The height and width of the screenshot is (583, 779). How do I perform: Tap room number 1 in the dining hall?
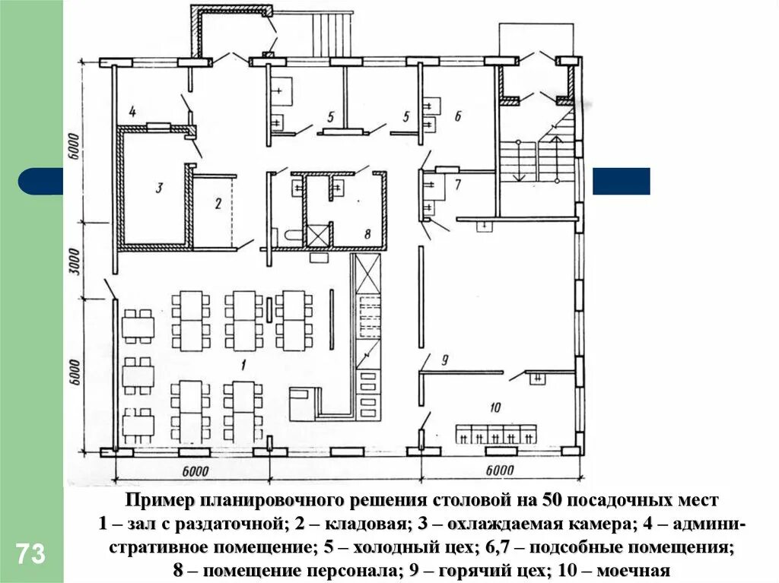(x=243, y=366)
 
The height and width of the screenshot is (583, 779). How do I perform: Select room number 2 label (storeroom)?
(x=218, y=203)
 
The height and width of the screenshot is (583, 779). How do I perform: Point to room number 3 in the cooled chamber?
(x=158, y=189)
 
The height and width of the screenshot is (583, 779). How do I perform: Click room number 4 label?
(x=132, y=111)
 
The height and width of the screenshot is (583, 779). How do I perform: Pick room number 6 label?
(x=457, y=116)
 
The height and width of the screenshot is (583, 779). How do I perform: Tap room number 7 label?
(x=458, y=185)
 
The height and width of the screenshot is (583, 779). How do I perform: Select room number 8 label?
(x=367, y=233)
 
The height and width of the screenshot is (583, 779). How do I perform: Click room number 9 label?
(x=444, y=360)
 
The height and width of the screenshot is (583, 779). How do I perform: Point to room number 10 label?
(x=494, y=407)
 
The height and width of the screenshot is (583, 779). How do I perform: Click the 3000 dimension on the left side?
(x=74, y=261)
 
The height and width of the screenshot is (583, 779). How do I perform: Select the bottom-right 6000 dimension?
(x=499, y=470)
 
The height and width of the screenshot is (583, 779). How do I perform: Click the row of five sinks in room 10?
(x=496, y=434)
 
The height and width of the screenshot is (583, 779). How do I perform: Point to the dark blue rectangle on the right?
(x=621, y=181)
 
